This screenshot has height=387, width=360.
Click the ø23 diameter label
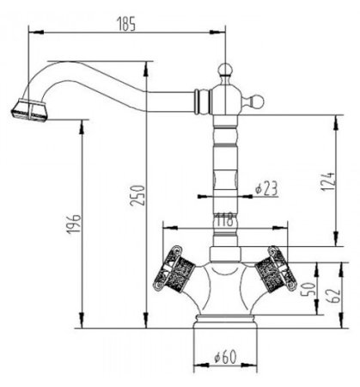click(x=266, y=189)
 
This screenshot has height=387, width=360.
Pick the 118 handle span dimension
click(x=224, y=220)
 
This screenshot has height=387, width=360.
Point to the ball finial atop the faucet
click(x=225, y=68)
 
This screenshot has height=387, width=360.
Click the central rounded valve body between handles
click(x=225, y=288)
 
